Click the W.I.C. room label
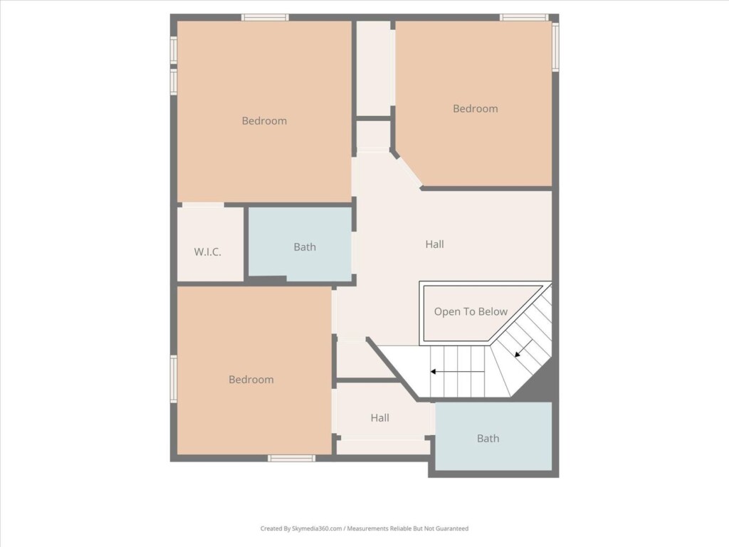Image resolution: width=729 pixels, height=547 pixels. click(x=207, y=252)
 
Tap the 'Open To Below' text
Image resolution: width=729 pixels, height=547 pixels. click(x=471, y=312)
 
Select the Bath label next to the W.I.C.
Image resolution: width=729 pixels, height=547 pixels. click(x=305, y=247)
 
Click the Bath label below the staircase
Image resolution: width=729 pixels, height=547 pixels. click(x=488, y=438)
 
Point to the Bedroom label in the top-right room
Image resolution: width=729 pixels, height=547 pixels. click(x=475, y=109)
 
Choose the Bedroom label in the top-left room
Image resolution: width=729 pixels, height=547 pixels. click(x=264, y=121)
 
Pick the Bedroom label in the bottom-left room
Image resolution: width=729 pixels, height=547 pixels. click(x=251, y=380)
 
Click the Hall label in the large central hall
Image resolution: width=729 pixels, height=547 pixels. click(x=434, y=244)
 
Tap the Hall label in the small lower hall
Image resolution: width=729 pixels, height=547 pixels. click(x=380, y=417)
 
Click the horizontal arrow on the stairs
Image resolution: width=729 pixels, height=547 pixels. click(x=458, y=372)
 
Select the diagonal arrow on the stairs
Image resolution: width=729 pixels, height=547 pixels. click(x=523, y=348)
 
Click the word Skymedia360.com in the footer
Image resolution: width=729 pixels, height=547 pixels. click(x=317, y=528)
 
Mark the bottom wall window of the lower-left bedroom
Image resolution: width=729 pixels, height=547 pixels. click(x=291, y=459)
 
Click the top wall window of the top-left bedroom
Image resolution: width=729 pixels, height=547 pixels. click(x=265, y=18)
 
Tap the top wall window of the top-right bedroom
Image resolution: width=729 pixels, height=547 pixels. click(x=524, y=18)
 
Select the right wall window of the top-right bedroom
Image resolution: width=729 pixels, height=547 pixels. click(x=555, y=46)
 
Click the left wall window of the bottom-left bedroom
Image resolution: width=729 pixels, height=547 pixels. click(x=174, y=379)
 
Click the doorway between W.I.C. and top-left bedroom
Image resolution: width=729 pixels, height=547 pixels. click(x=203, y=204)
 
